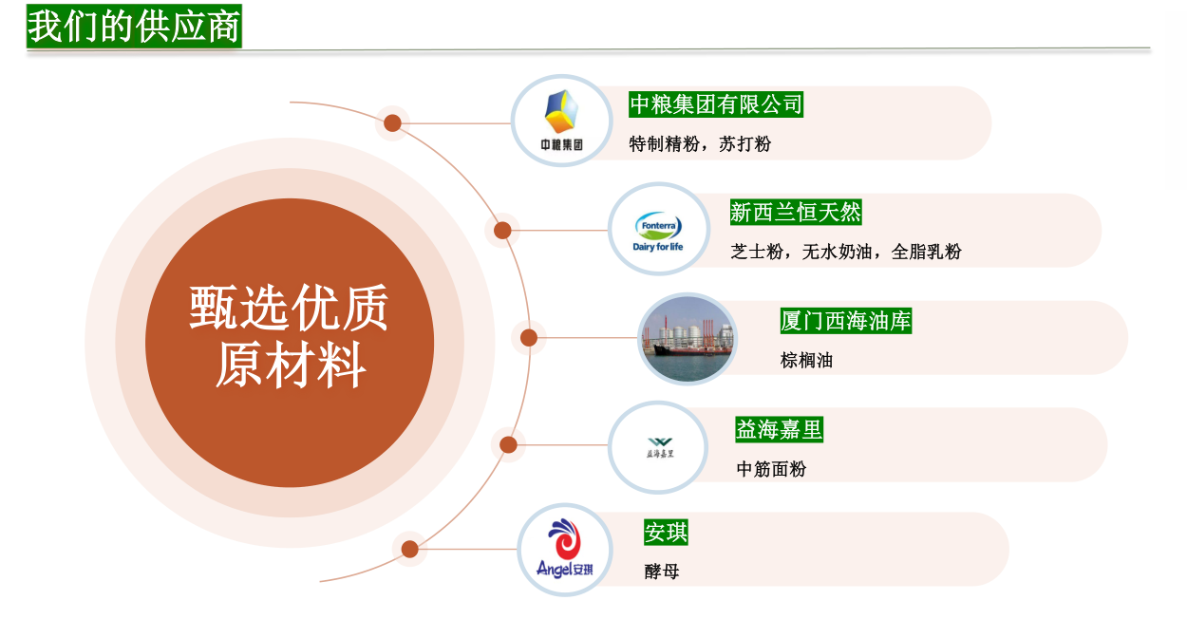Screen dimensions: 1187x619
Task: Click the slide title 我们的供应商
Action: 134,27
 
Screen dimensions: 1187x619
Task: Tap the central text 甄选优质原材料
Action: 290,336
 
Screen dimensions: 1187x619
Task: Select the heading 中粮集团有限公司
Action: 716,103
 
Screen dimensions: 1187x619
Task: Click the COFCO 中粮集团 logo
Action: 562,121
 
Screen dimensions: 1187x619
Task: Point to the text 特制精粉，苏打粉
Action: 700,143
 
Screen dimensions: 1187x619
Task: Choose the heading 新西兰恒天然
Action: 796,212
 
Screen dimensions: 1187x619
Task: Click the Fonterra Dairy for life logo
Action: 658,231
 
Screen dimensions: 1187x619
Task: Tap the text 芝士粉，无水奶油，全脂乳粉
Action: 846,252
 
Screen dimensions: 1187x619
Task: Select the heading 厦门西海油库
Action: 846,321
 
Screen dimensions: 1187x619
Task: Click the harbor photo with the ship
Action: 688,339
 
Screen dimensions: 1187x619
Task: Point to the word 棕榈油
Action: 806,361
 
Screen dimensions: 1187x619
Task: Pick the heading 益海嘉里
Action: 779,429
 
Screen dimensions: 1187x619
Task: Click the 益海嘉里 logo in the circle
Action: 660,448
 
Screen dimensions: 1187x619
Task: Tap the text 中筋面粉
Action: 771,469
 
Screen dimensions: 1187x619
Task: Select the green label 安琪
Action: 666,532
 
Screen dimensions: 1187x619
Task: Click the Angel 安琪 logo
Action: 564,549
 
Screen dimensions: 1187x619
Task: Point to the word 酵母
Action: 661,572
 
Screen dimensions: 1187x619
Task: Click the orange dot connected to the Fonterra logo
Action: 502,231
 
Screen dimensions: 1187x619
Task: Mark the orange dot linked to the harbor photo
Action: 529,338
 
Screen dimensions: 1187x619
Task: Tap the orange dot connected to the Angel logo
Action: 409,549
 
